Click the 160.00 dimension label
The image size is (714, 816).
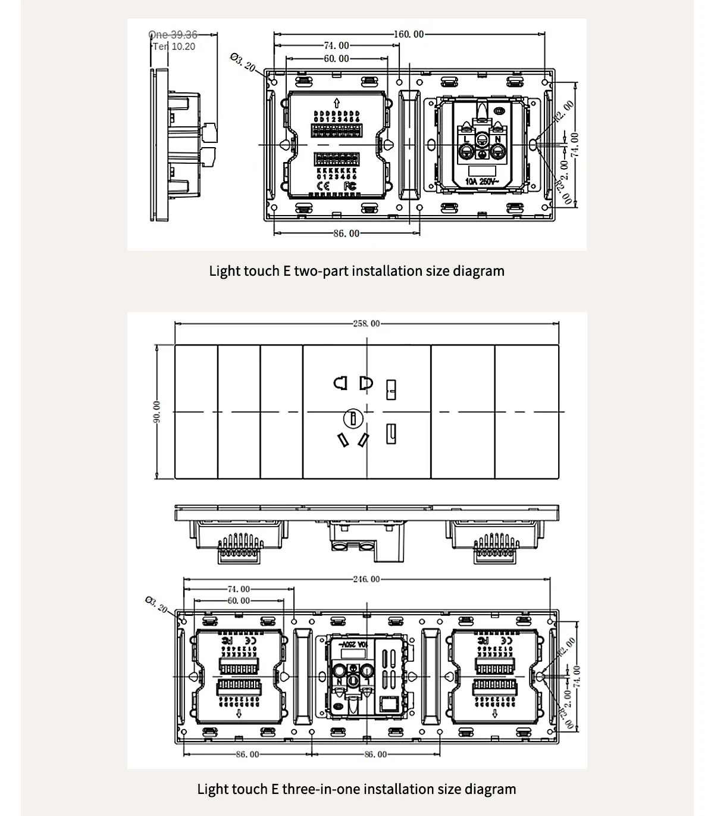409,35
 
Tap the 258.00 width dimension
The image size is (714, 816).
366,323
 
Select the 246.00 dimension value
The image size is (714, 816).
366,579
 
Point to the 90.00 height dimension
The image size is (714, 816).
156,412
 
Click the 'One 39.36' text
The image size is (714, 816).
173,35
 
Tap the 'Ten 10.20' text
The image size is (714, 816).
174,46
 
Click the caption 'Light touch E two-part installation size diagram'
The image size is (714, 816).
356,271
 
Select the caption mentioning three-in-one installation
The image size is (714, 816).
356,789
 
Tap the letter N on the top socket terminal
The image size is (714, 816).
497,139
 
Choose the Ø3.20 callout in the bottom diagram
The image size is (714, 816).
156,604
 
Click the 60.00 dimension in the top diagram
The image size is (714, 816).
336,58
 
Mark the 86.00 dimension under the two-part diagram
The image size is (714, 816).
346,233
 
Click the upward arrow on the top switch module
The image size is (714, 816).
337,101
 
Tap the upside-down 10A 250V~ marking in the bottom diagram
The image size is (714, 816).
355,645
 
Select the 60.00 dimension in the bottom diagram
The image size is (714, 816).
238,601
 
